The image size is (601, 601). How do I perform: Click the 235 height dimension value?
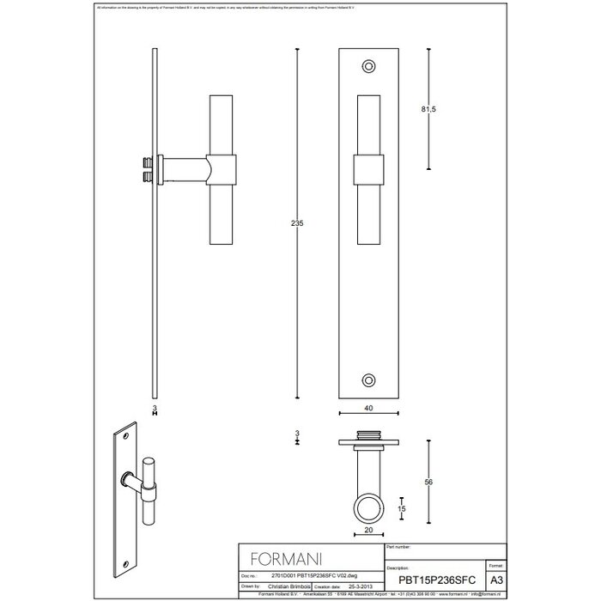point(298,222)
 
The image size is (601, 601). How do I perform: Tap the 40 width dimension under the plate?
point(369,409)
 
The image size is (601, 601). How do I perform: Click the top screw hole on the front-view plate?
point(370,64)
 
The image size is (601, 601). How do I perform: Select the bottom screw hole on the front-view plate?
point(370,379)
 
